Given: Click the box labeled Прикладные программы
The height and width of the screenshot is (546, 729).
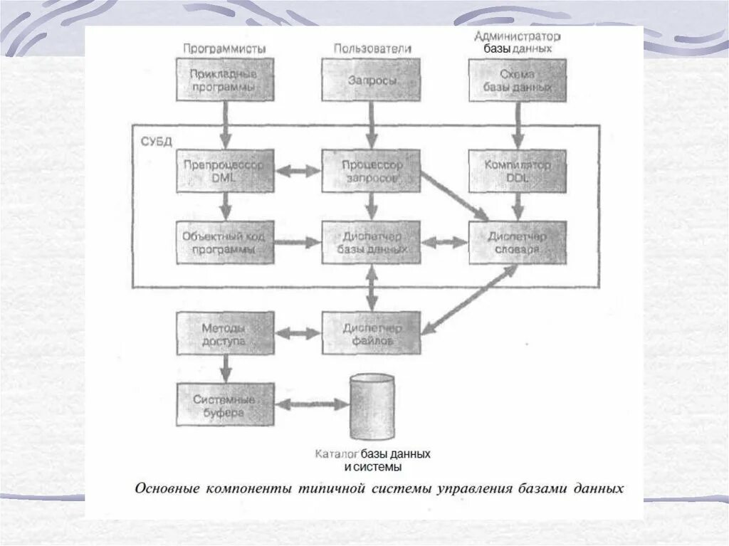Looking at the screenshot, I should coord(225,80).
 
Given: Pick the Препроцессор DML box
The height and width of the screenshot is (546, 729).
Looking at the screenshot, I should coord(225,171).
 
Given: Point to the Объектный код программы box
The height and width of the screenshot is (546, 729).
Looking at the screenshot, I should coord(225,243).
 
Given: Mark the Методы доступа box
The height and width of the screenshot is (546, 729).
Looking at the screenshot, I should coord(225,333).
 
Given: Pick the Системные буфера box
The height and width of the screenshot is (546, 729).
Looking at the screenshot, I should coord(225,404).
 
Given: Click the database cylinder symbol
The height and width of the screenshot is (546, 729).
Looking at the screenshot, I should coord(372,408).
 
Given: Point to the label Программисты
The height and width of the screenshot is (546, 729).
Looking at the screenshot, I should coord(224,48).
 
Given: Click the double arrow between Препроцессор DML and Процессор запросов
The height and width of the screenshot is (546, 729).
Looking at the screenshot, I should coord(298,171).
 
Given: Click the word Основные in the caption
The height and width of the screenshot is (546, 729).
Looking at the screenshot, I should coord(168,489).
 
